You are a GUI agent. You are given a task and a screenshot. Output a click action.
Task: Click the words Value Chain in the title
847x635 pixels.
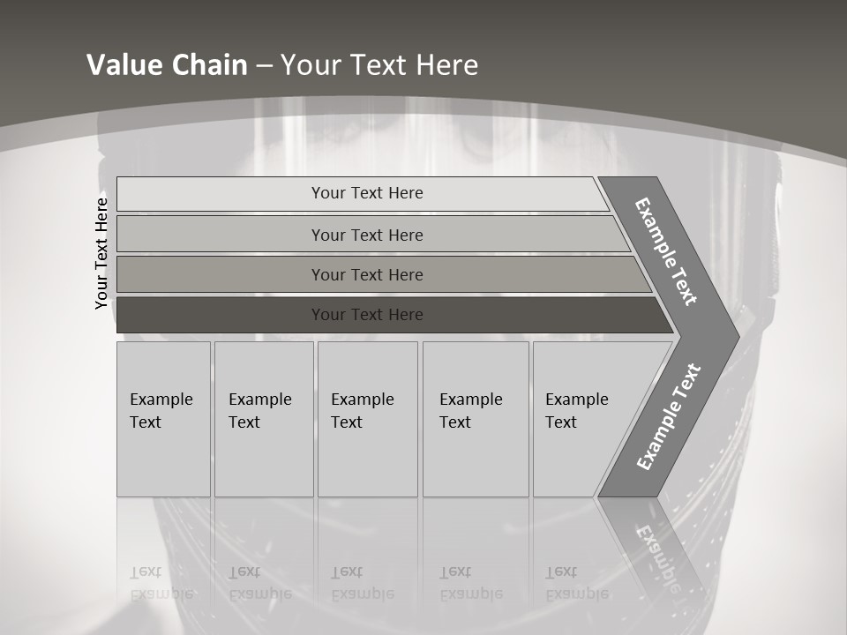pos(167,65)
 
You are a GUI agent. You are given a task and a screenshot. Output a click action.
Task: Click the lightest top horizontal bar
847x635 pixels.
pos(221,194)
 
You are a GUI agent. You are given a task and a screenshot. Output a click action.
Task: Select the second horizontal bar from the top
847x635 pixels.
pos(221,235)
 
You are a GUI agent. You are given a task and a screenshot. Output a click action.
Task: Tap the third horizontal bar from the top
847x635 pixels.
pos(221,275)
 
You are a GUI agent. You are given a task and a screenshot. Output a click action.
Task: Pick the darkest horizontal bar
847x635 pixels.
pos(221,315)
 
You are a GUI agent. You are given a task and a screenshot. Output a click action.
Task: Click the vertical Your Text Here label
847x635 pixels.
pos(101,253)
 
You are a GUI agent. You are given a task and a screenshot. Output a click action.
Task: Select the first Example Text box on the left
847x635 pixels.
pos(163,419)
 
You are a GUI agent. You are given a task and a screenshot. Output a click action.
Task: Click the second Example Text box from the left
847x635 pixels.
pos(263,419)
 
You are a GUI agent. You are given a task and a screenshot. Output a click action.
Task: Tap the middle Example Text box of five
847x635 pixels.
pos(367,419)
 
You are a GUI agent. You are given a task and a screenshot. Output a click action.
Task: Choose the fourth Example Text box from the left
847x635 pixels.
pos(476,419)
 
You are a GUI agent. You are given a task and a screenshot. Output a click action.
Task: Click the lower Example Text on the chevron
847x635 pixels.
pos(669,416)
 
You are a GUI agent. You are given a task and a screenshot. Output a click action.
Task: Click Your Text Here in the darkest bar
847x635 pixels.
pos(367,315)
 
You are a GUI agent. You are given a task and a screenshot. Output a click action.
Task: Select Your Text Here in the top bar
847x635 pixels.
pos(367,193)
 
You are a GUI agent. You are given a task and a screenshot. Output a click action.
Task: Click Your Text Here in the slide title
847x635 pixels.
pos(379,65)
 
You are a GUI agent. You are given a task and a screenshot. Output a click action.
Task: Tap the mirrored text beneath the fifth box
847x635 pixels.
pos(576,583)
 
